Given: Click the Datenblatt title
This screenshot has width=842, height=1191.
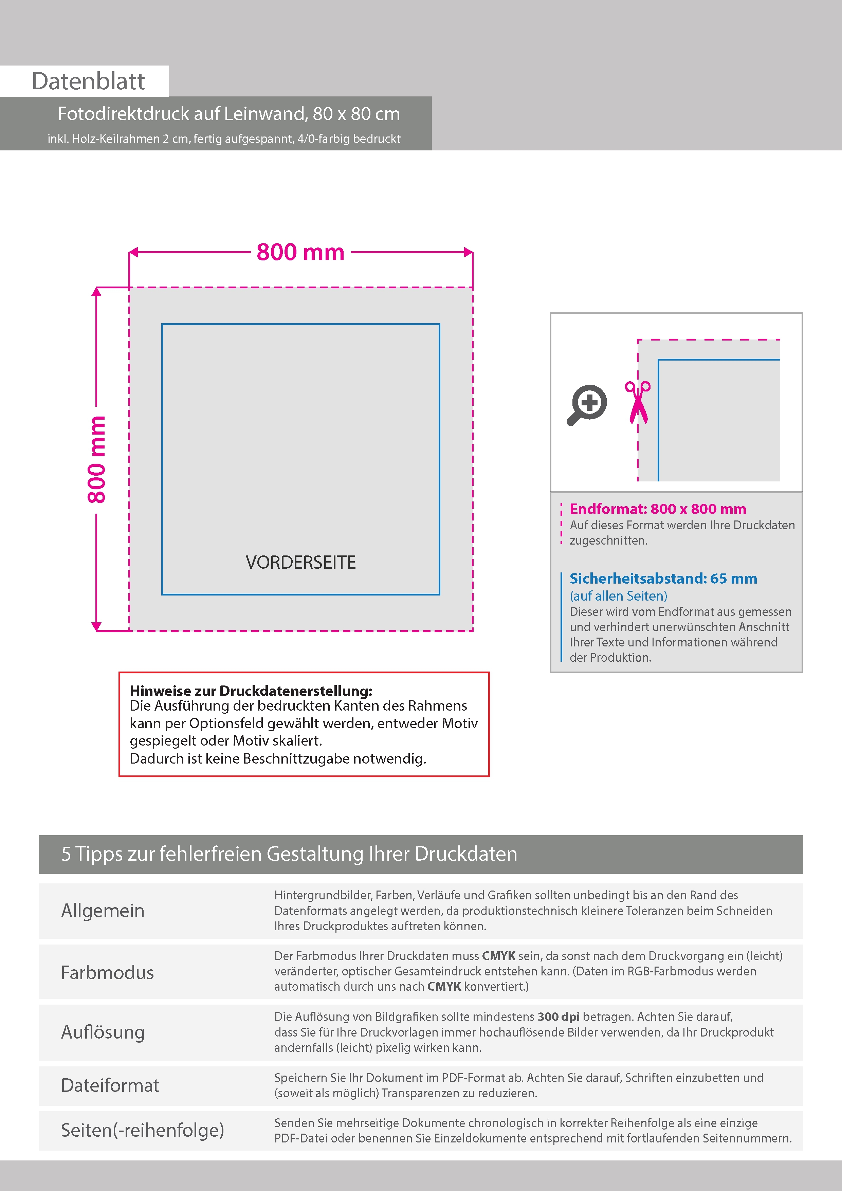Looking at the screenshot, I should click(x=88, y=81).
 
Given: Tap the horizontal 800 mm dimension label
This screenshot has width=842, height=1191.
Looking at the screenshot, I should click(x=300, y=253).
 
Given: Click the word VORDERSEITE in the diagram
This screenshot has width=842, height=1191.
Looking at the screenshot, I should click(x=300, y=562).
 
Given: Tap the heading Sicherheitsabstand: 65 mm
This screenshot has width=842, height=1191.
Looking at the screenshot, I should click(x=663, y=579).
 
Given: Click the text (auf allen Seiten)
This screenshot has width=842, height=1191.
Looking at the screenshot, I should click(x=618, y=596).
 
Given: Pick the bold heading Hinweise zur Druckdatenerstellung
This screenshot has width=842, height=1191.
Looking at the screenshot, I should click(x=251, y=691).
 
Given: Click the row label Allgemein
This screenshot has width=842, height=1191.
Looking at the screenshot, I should click(x=103, y=910).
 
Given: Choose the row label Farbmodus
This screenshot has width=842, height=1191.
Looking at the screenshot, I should click(x=107, y=973).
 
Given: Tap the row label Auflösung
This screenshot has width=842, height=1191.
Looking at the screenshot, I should click(x=103, y=1032).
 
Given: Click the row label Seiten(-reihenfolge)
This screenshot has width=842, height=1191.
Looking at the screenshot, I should click(x=142, y=1130).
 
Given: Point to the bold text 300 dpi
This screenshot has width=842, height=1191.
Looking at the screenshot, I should click(x=558, y=1017).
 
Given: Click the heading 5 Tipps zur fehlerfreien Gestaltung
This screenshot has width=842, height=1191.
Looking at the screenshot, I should click(x=289, y=854).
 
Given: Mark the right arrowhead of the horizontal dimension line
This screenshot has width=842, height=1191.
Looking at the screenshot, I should click(x=469, y=253).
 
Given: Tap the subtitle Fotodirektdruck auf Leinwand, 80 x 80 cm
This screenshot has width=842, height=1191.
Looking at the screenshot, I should click(x=229, y=114).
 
